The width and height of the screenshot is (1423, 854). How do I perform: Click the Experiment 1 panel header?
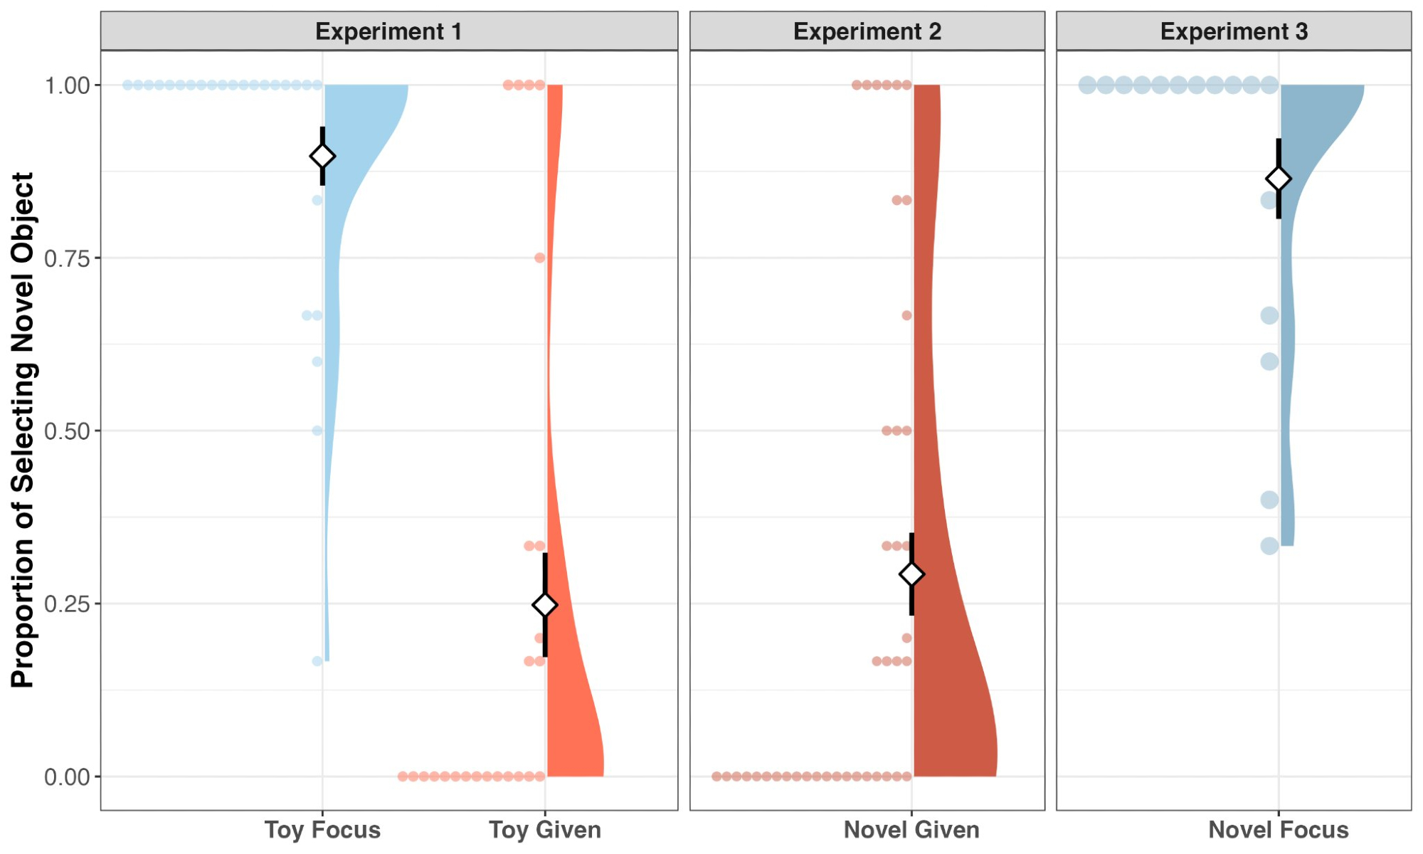[388, 31]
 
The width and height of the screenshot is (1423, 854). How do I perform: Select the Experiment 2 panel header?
[867, 31]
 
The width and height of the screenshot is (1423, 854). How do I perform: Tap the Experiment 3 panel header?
[1234, 31]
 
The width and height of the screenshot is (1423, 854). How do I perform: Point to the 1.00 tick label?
[68, 85]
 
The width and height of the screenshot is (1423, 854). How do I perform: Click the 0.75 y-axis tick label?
[68, 258]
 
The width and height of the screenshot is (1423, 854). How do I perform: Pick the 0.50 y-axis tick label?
[68, 431]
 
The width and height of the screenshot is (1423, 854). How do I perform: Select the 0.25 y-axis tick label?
[68, 604]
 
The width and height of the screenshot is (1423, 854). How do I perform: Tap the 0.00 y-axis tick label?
[68, 777]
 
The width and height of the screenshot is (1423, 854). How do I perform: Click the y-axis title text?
[23, 430]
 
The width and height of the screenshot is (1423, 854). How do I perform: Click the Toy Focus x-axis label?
[322, 830]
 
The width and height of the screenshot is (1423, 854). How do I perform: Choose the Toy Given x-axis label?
[545, 830]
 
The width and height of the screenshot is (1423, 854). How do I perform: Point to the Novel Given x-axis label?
[911, 830]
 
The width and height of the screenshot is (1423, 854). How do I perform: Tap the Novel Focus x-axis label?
[1279, 830]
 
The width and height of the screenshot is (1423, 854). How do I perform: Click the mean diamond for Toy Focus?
[322, 156]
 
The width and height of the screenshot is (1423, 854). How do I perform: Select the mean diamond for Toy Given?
[545, 605]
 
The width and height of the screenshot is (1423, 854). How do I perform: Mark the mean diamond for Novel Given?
[911, 574]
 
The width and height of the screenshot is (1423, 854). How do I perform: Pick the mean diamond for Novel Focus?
[1279, 179]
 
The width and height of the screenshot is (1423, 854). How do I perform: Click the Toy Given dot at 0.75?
[539, 258]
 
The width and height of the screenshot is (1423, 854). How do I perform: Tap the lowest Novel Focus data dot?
[1269, 546]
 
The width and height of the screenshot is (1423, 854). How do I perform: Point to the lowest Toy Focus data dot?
[317, 661]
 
